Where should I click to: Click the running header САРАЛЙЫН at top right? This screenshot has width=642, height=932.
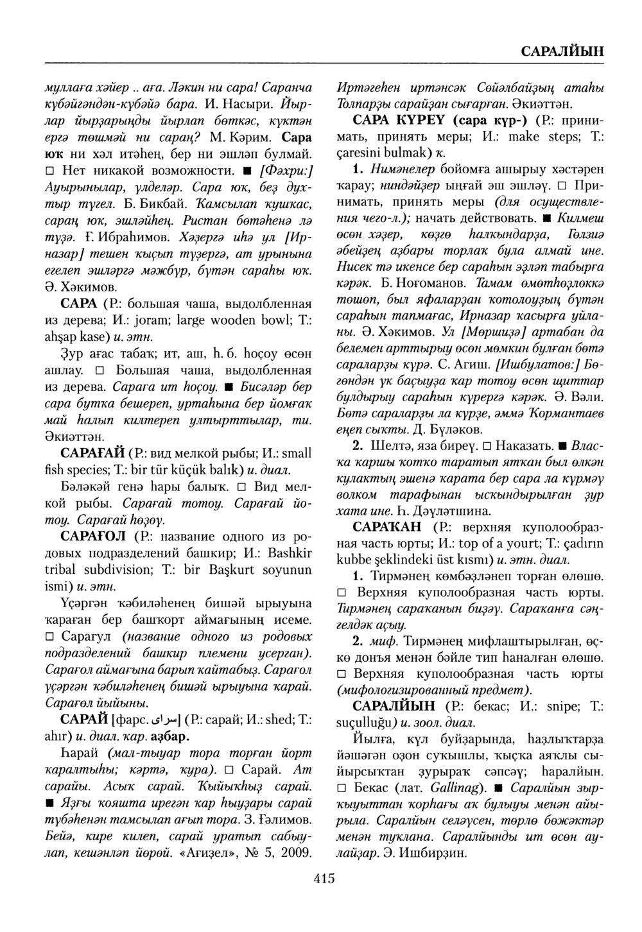(x=560, y=51)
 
